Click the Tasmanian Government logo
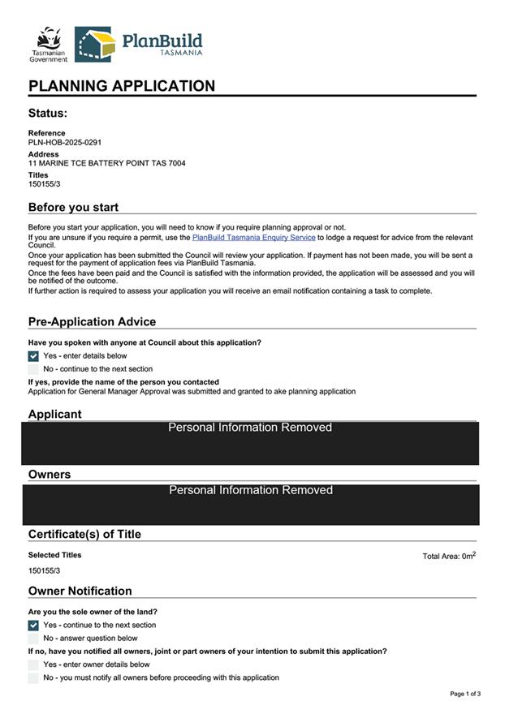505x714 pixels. coord(49,44)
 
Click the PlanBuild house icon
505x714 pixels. coord(94,44)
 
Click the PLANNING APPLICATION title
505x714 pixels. coord(122,86)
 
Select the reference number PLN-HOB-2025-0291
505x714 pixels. coord(65,142)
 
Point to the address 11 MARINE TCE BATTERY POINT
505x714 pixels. coord(106,163)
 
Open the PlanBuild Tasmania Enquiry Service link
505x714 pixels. coord(253,238)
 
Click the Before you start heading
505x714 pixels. coord(73,207)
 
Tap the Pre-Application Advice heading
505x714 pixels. coord(92,321)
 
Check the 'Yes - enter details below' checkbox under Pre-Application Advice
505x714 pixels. coord(33,356)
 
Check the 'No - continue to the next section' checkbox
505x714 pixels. coord(33,369)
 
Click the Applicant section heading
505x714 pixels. coord(54,414)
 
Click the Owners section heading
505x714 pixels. coord(49,474)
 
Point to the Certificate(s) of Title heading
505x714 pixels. coord(84,534)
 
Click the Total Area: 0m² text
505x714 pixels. coord(449,556)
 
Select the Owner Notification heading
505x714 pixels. coord(80,591)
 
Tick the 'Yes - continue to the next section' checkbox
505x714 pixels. coord(33,626)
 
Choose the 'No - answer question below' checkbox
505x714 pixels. coord(33,639)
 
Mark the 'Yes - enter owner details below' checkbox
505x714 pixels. coord(33,665)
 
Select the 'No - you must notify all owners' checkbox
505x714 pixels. coord(33,677)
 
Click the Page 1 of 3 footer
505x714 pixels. coord(465,694)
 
